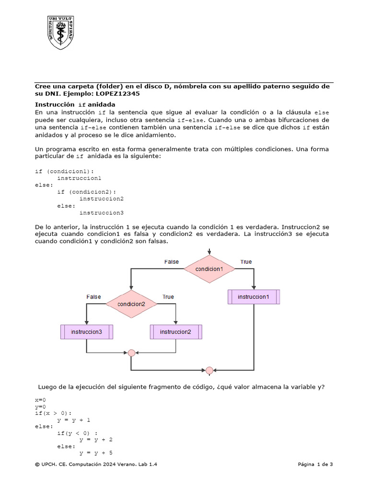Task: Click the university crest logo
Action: pos(60,32)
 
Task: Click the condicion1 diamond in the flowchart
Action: pos(209,269)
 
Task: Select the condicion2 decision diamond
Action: pos(131,303)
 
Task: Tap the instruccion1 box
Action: pos(253,297)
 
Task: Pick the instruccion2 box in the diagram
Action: pos(176,332)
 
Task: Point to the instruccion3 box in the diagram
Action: pos(86,332)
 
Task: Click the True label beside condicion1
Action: pos(246,262)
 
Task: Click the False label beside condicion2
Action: pos(93,297)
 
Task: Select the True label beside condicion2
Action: pos(168,297)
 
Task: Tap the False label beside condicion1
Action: pos(172,262)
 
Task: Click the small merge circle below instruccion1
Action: pos(209,370)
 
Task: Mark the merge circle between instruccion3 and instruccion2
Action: pos(131,353)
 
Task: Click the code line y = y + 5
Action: pos(96,453)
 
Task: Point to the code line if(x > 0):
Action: pos(53,413)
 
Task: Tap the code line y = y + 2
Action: pos(96,439)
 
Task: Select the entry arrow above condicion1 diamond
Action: pos(209,252)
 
